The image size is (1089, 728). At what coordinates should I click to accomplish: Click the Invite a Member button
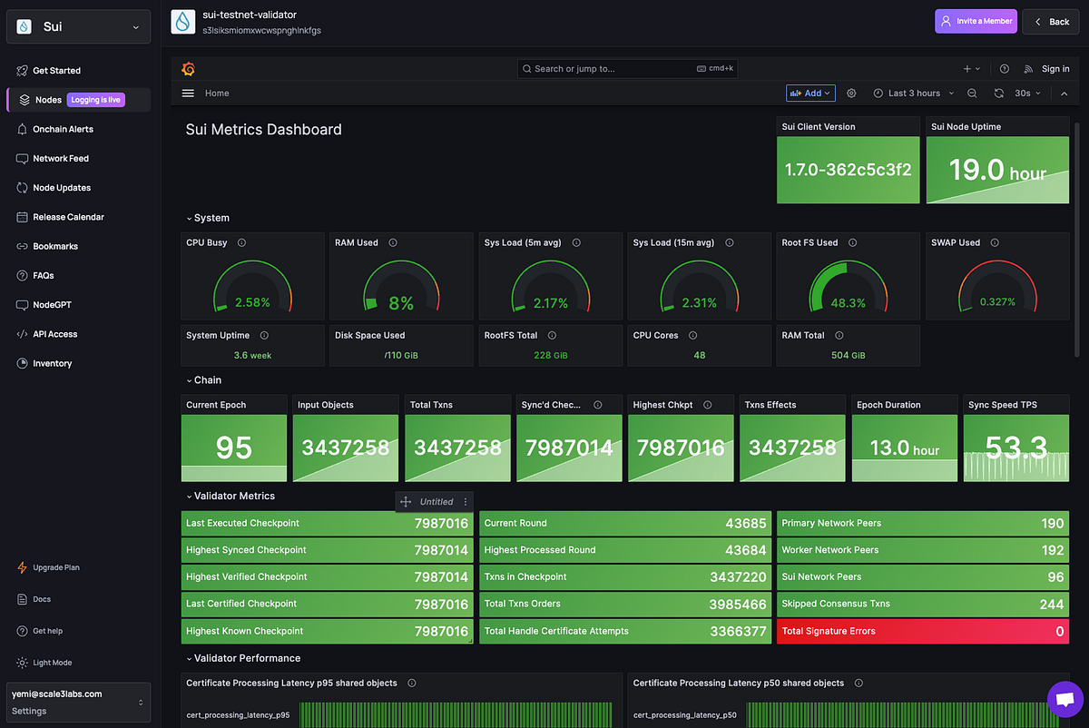[976, 22]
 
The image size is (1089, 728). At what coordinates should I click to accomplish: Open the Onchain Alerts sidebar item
[63, 129]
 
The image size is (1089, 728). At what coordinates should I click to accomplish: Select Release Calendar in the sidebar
[68, 217]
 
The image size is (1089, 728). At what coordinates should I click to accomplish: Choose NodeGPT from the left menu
[52, 305]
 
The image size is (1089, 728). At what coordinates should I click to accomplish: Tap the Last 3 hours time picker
[913, 93]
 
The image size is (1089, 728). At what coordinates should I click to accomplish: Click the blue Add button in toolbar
[810, 93]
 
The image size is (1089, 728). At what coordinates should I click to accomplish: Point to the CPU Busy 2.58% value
[252, 302]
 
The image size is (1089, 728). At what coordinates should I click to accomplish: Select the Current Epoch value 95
[233, 448]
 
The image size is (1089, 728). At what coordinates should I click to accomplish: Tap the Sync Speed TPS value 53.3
[1015, 447]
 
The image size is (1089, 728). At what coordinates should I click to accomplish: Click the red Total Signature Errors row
[922, 631]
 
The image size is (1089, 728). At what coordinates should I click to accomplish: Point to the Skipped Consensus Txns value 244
[1051, 605]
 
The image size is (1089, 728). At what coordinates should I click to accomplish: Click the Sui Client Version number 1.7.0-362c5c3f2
[848, 170]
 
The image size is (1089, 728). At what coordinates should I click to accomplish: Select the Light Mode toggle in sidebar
[52, 663]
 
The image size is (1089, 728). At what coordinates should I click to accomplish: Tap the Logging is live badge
[95, 100]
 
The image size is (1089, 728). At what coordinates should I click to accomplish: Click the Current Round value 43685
[745, 524]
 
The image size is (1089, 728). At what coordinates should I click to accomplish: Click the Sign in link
[1055, 69]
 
